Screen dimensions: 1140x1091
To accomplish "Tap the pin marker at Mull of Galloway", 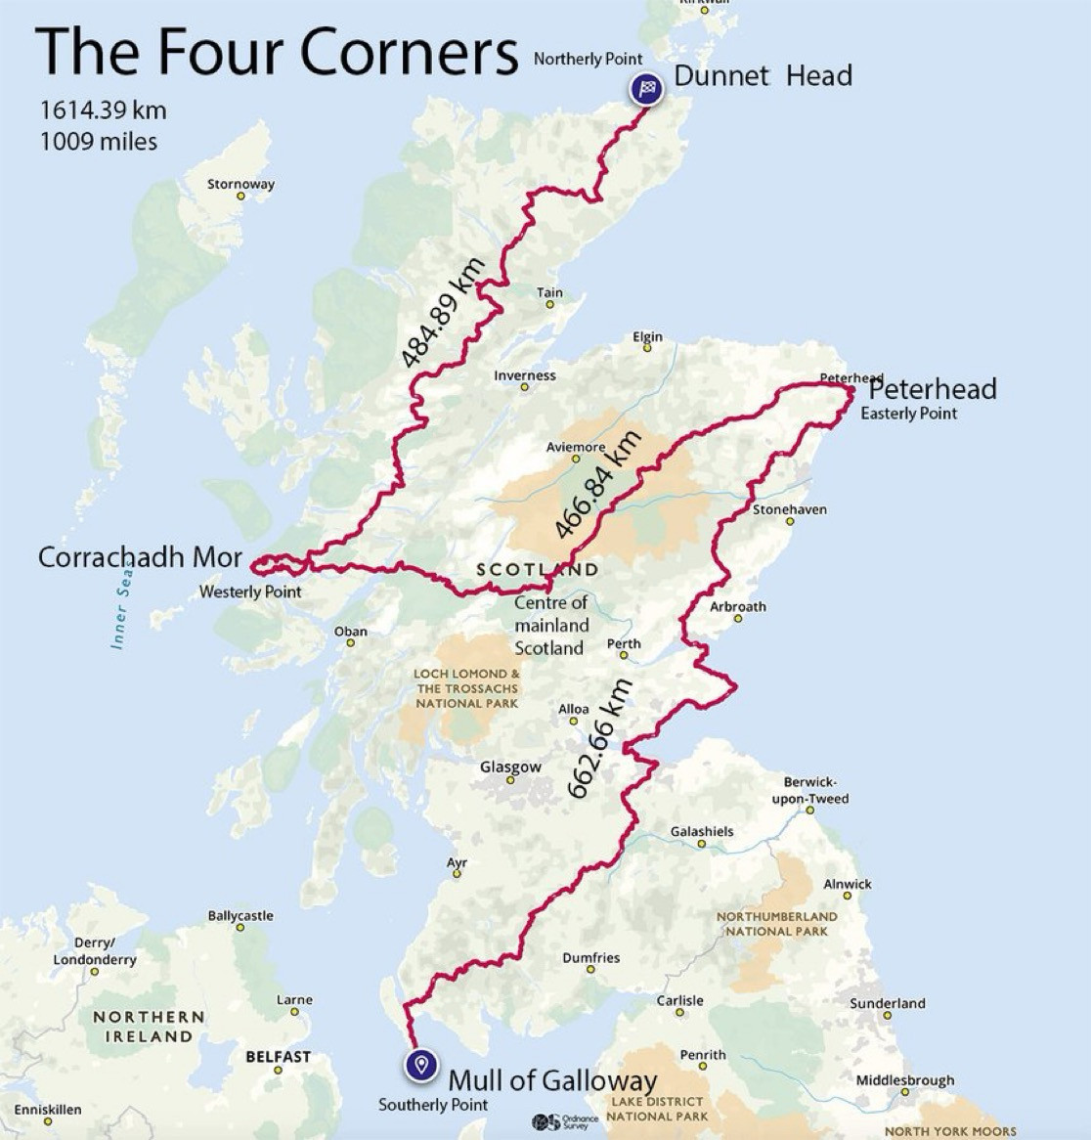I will coord(421,1065).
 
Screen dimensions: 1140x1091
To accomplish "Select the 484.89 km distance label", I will coord(443,313).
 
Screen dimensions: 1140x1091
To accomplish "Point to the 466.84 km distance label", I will coord(597,484).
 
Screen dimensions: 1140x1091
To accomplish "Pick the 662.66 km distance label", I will coord(600,738).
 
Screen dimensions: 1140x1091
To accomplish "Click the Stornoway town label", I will coord(240,184).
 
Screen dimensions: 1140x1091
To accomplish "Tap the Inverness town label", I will coord(524,375).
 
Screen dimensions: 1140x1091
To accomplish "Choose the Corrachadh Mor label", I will coord(140,557).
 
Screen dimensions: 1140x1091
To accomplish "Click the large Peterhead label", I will coord(933,389).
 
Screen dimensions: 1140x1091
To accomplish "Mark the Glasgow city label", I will coord(510,767).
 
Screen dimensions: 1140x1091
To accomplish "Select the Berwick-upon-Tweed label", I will coord(816,790).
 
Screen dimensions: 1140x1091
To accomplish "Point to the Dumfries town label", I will coord(591,958).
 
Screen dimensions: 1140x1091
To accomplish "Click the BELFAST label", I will coord(278,1057).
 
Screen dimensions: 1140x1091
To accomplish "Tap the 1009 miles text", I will coord(99,141).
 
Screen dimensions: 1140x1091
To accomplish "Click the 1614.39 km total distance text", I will coord(103,110).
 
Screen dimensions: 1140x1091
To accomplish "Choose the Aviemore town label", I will coord(575,447).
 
